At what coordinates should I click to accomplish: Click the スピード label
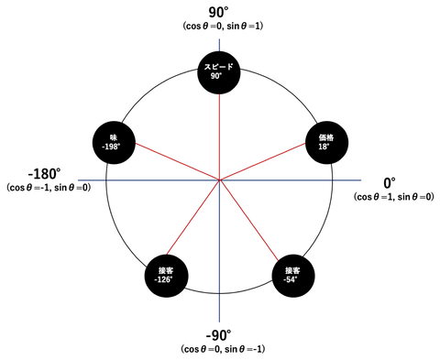[218, 67]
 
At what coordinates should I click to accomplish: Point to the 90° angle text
[216, 76]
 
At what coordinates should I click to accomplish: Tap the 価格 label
[326, 137]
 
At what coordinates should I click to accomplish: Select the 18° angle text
[324, 147]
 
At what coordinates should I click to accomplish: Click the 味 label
[114, 137]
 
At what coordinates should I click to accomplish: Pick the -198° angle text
[111, 147]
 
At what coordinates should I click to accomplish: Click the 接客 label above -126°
[165, 270]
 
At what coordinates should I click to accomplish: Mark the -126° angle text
[163, 279]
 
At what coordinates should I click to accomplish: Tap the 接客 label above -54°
[292, 270]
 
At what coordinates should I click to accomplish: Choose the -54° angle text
[291, 279]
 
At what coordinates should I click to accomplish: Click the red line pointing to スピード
[219, 133]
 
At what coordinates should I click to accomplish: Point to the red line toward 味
[176, 160]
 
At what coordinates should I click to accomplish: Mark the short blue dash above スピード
[219, 42]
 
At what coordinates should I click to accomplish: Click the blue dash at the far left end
[90, 180]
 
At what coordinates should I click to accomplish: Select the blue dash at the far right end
[348, 180]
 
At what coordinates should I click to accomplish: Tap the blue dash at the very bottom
[219, 309]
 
